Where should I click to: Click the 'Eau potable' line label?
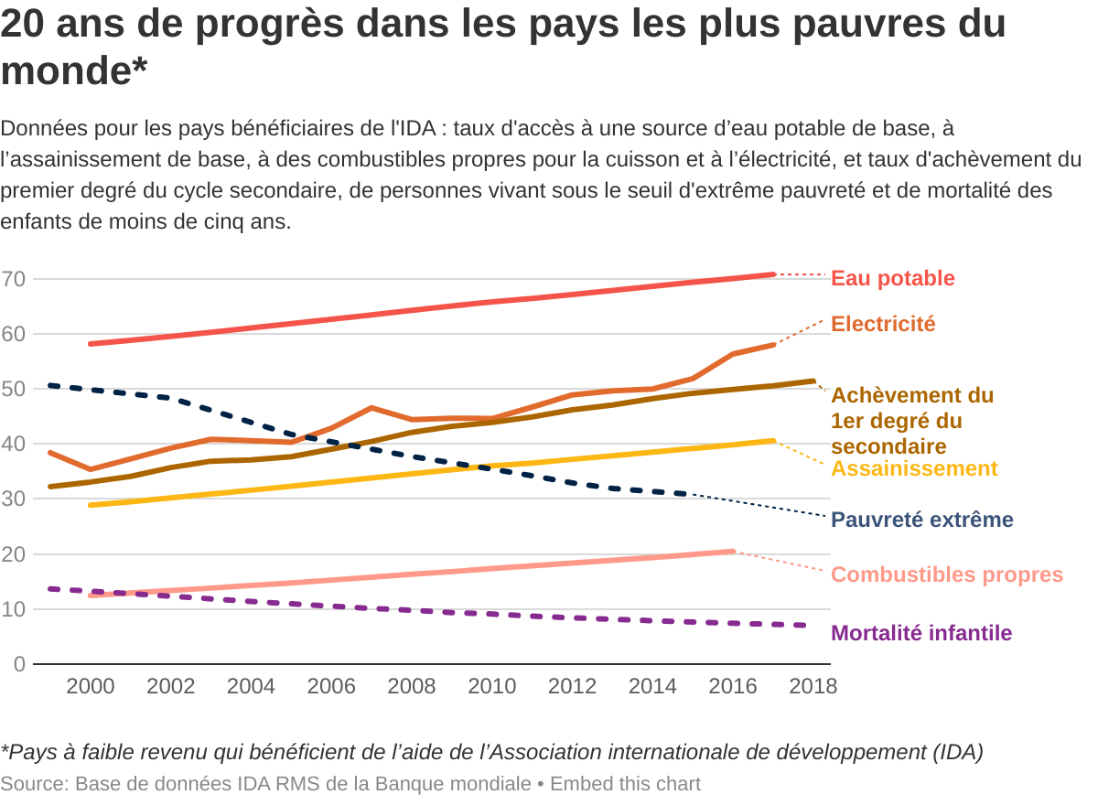892,278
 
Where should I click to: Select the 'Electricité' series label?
883,324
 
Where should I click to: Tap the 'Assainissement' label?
913,468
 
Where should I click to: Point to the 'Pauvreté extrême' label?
921,520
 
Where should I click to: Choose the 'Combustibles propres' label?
946,574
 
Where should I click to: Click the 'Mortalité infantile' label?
920,633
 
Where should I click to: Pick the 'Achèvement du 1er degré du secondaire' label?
911,421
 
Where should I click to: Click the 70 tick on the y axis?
13,279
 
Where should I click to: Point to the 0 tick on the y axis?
18,664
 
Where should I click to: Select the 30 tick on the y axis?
13,499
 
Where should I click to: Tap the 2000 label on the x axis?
91,686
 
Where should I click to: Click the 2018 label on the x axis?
813,686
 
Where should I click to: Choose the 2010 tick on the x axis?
492,686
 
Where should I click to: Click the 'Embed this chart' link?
625,784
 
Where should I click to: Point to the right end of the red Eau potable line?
773,274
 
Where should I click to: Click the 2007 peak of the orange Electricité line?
371,408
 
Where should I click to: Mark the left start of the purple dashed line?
49,588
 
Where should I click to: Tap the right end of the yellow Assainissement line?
773,441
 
